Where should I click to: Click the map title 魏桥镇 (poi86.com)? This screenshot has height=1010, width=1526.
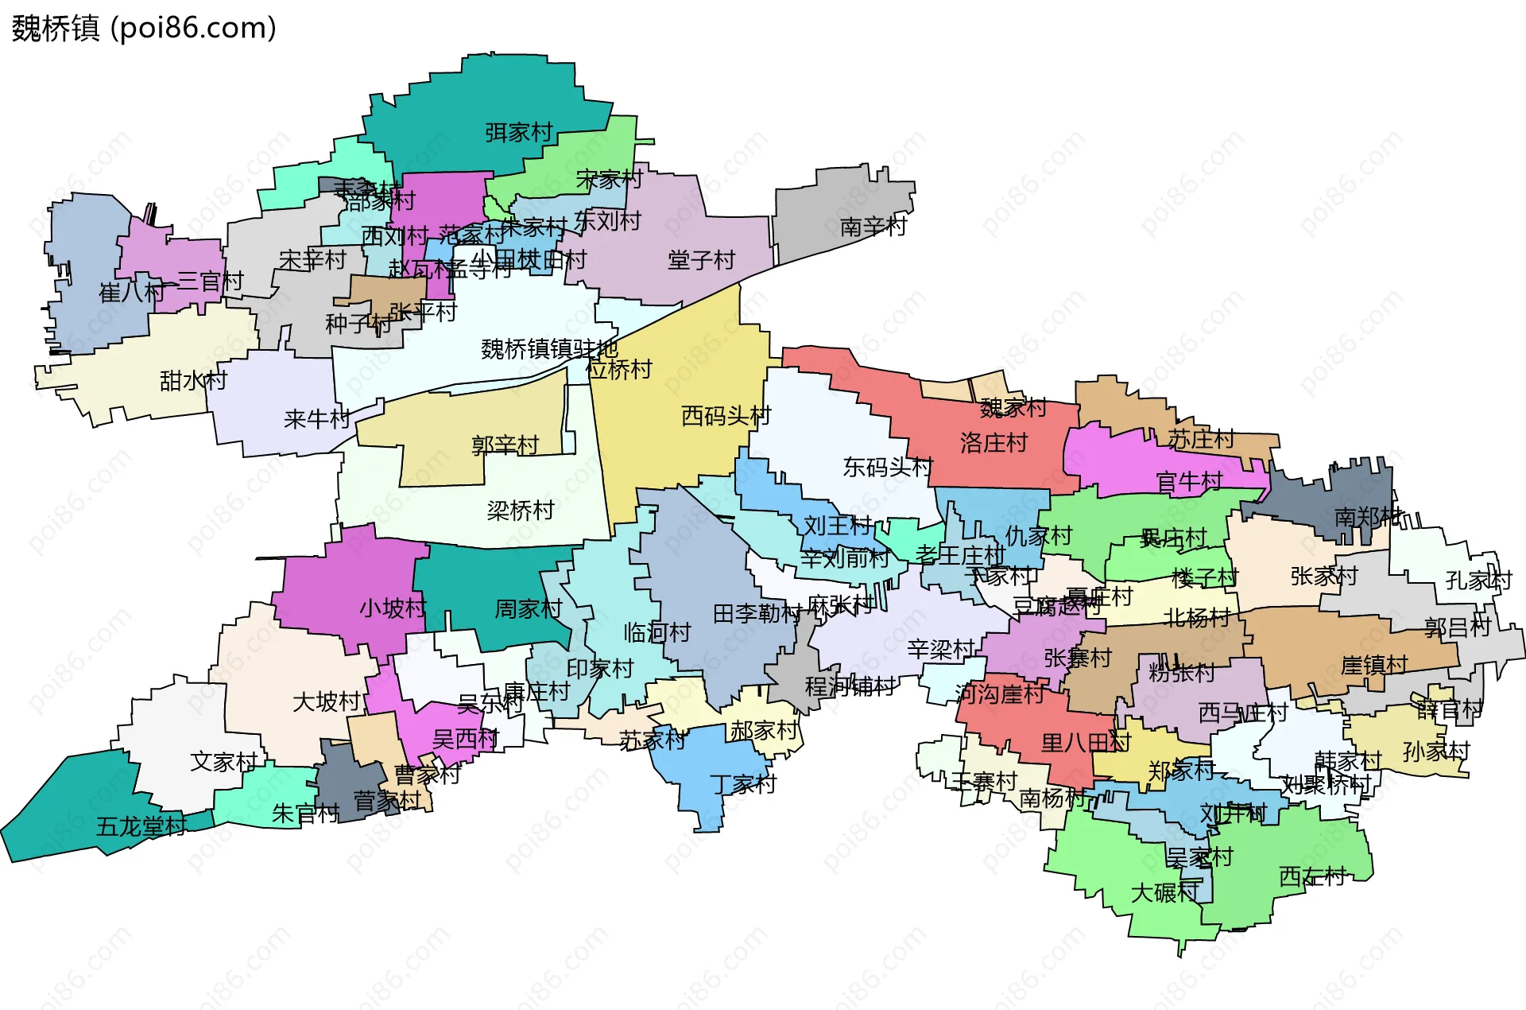click(144, 28)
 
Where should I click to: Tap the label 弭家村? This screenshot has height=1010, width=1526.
click(518, 132)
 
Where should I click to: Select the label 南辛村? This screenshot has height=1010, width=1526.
click(873, 227)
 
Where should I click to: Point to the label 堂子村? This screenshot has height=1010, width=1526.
click(701, 260)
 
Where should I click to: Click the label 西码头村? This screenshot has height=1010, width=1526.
click(726, 415)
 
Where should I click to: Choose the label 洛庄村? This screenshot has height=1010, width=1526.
click(993, 442)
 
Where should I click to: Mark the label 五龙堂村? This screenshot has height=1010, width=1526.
click(141, 826)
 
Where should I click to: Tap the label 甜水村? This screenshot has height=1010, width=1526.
click(193, 381)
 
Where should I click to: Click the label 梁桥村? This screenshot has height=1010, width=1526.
click(520, 510)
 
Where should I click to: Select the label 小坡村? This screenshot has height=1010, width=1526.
click(393, 608)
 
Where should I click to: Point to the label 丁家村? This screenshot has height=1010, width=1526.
click(742, 784)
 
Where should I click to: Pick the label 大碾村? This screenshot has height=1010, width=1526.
click(1164, 892)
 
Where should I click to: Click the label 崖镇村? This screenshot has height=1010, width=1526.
click(1373, 664)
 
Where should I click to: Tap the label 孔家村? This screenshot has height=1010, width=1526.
click(1478, 580)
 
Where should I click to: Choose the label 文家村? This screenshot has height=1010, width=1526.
click(223, 762)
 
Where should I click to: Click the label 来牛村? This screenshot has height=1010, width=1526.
click(316, 419)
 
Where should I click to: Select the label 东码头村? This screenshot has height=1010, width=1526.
click(887, 467)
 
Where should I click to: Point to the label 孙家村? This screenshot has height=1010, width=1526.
click(1435, 751)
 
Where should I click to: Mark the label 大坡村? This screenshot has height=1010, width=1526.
click(326, 701)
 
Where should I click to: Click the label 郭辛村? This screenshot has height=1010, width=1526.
click(505, 445)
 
